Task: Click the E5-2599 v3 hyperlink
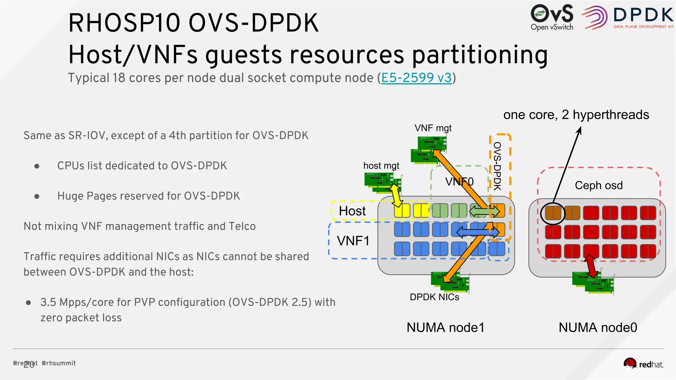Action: [416, 78]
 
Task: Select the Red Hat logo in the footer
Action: [643, 364]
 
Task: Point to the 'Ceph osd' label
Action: [598, 185]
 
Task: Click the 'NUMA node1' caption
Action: [445, 328]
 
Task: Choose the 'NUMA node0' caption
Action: [597, 328]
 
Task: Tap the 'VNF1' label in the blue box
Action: [353, 241]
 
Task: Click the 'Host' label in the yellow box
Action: [352, 211]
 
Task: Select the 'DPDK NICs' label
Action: [434, 297]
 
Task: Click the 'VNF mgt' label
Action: [433, 128]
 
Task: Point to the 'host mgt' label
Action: [381, 166]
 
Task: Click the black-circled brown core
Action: [553, 213]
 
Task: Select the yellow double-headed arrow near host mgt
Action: [396, 196]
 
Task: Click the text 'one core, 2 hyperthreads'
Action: [576, 115]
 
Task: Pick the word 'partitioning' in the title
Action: [480, 55]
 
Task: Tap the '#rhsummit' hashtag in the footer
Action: [59, 363]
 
